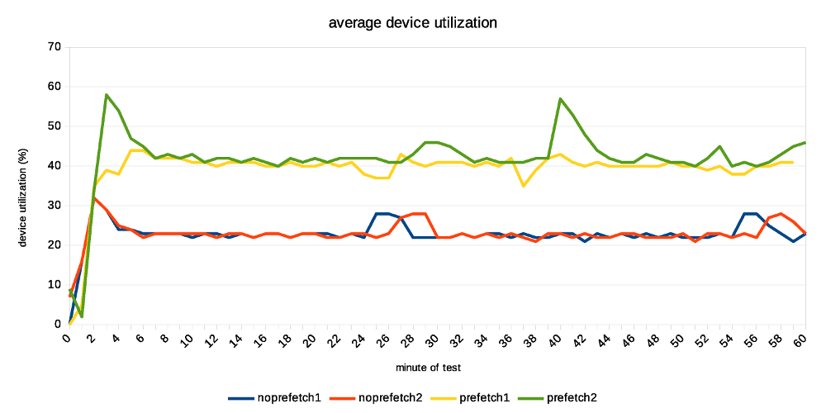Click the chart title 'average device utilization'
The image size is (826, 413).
tap(413, 23)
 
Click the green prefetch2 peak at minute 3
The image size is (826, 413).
tap(107, 95)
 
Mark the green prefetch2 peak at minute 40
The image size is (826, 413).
tap(561, 99)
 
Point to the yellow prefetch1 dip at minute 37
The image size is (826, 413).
tap(524, 186)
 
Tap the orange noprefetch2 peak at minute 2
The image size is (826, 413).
tap(94, 197)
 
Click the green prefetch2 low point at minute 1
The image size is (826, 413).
tap(82, 316)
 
